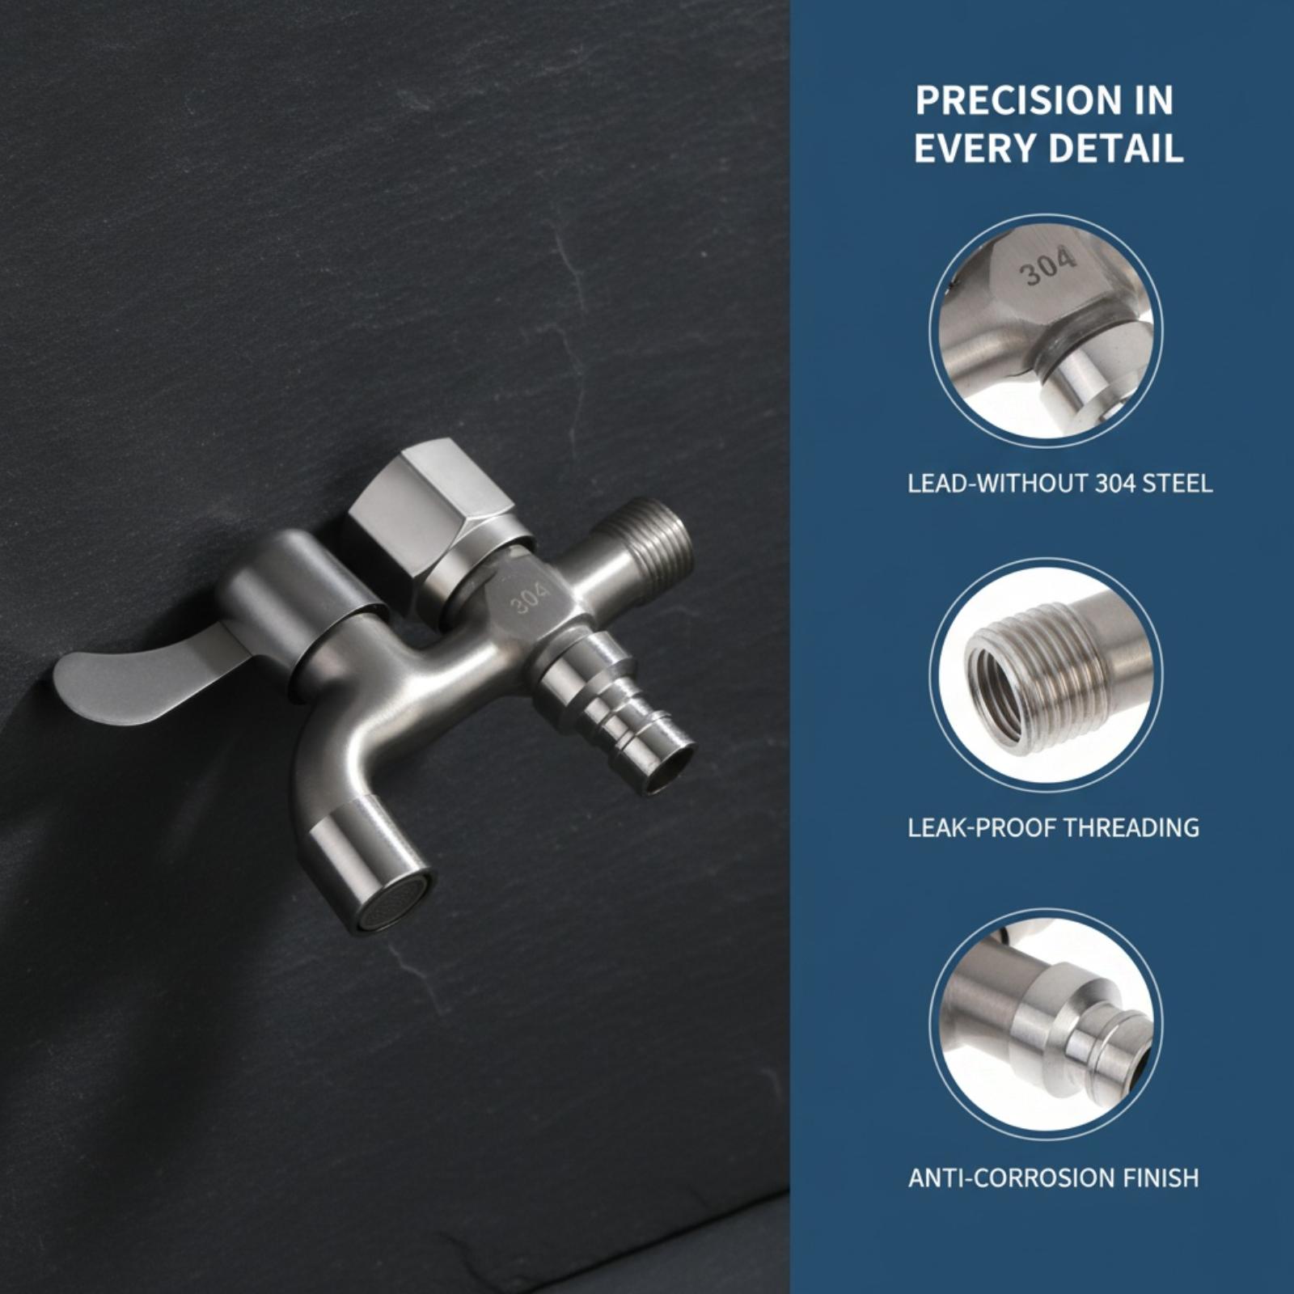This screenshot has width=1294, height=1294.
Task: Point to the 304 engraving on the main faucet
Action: tap(530, 598)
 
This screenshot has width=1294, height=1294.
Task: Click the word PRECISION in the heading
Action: tap(1009, 101)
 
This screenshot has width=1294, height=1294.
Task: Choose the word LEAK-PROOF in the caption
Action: tap(981, 827)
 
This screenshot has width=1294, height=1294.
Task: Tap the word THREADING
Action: tap(1131, 827)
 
